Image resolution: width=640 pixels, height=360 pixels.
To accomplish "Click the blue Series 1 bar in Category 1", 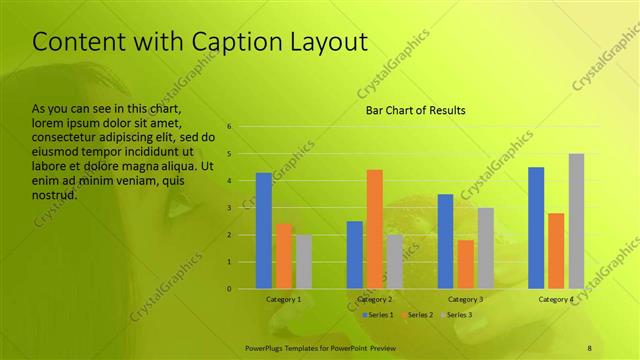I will (x=263, y=231).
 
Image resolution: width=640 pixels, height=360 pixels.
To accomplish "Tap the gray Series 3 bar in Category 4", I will (x=576, y=221).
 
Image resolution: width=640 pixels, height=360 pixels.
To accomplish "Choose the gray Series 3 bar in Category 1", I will (x=303, y=262).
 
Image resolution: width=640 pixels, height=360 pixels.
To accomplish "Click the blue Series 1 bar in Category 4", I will (x=536, y=228).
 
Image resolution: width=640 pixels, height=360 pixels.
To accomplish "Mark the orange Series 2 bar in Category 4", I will (x=556, y=251).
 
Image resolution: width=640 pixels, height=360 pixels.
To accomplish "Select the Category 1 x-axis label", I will (x=283, y=299).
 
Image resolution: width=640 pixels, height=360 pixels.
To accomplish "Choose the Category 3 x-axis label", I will (x=465, y=299).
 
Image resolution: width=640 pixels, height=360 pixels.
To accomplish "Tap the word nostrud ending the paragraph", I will (x=55, y=194).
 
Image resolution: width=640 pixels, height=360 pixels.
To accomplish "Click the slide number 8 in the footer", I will (x=590, y=347).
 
